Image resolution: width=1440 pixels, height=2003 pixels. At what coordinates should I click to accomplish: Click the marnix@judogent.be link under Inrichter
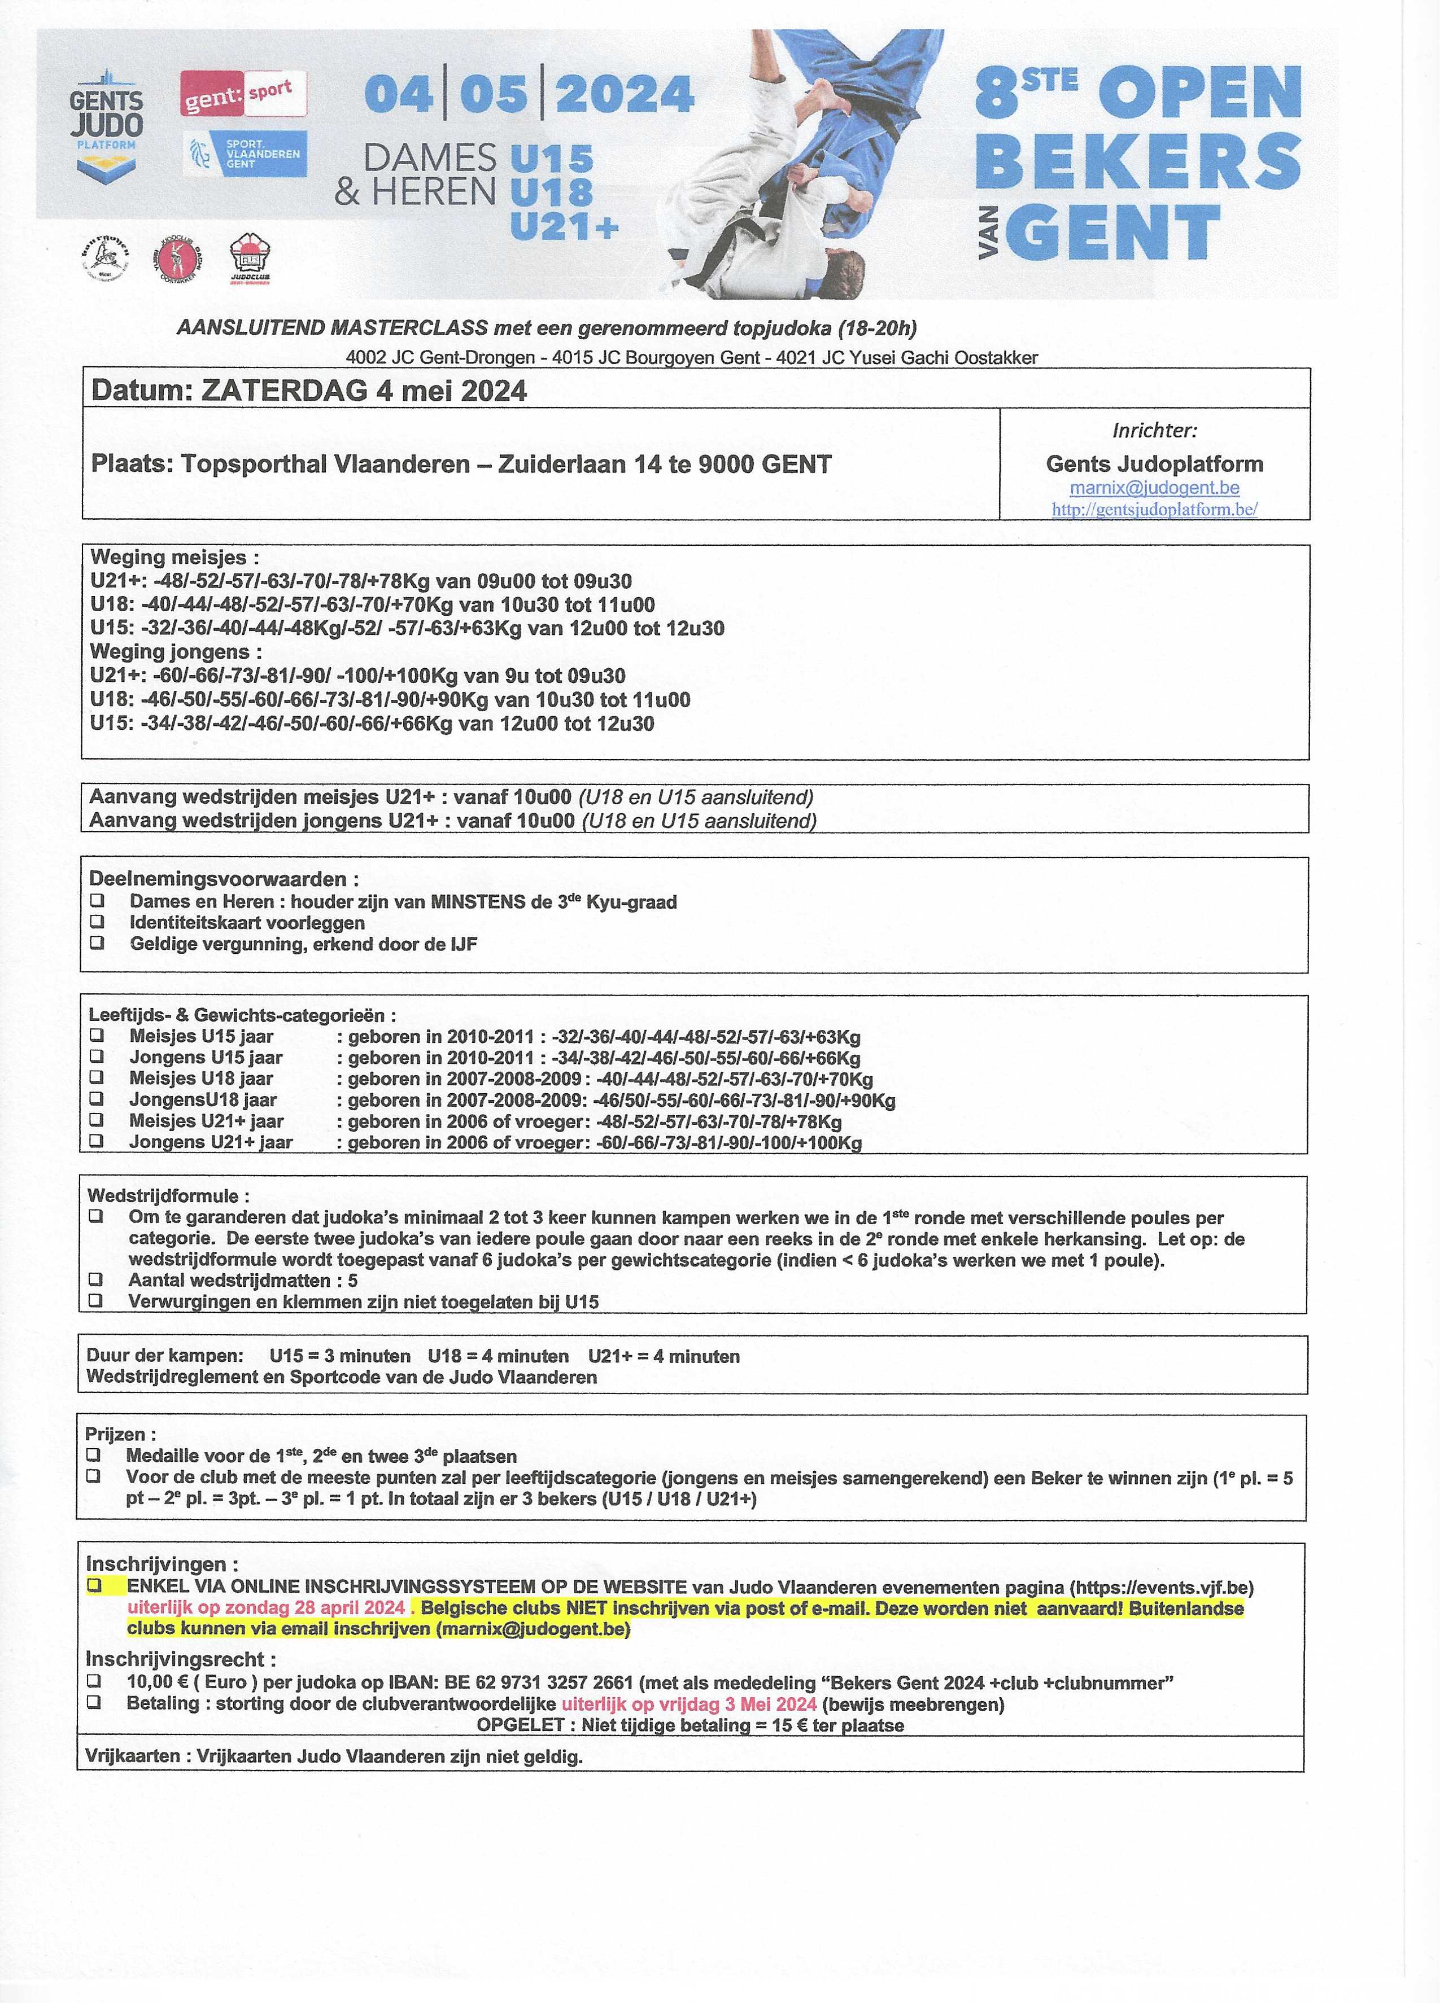1154,488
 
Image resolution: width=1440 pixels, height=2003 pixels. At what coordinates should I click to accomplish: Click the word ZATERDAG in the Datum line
283,391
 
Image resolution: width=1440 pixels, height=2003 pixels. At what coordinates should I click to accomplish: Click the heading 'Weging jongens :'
176,652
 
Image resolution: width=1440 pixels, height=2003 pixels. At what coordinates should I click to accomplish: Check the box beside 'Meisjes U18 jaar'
97,1077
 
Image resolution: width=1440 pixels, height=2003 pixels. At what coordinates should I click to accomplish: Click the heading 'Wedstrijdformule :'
168,1196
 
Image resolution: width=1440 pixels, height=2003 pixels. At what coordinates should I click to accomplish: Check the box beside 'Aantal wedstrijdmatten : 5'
95,1279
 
